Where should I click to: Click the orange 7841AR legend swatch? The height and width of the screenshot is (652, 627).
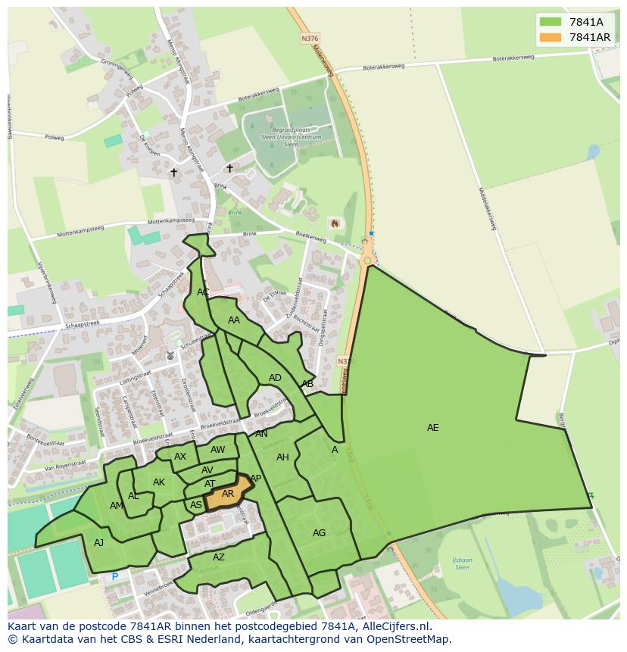551,37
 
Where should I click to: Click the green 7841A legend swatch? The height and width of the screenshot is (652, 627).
551,22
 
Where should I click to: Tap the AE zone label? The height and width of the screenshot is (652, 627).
432,428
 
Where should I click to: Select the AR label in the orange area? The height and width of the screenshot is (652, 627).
228,494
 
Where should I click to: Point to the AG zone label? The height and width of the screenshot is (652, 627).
319,533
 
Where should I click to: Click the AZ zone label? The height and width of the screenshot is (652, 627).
219,557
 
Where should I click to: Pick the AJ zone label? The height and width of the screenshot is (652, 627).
98,543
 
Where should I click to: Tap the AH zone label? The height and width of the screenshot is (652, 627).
282,457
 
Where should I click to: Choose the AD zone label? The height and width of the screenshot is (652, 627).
275,378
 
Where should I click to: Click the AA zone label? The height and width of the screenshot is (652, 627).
234,320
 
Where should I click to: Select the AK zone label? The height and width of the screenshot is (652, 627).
159,482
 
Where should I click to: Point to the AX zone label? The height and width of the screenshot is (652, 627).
180,457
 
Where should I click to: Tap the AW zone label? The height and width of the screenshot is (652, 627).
218,450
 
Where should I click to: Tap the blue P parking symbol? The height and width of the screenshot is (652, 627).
115,576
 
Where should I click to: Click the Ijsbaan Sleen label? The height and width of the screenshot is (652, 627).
461,563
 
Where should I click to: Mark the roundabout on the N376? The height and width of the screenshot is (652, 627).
367,260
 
